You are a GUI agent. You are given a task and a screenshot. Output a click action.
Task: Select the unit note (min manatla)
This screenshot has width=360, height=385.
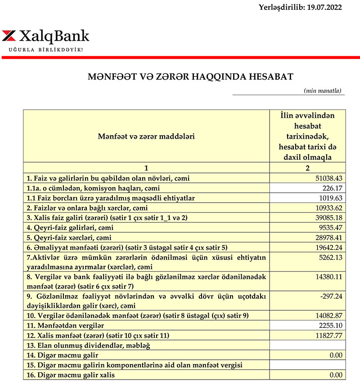click(323, 91)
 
